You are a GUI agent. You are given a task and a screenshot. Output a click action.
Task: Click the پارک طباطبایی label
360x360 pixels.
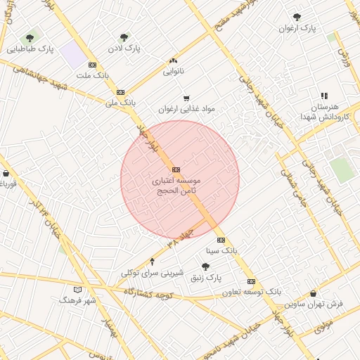[x=31, y=49]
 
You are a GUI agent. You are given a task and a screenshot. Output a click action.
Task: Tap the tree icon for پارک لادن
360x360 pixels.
[x=124, y=37]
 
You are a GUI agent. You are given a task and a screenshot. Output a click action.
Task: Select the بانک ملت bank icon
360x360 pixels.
[x=92, y=65]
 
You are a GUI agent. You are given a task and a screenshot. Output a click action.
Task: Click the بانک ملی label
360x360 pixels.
[x=120, y=103]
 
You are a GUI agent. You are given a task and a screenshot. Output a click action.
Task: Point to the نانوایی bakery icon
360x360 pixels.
[x=173, y=61]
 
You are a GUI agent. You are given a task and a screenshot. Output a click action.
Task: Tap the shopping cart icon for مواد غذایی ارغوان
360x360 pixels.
[x=186, y=98]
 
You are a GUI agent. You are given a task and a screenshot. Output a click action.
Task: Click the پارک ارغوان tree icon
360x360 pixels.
[x=298, y=18]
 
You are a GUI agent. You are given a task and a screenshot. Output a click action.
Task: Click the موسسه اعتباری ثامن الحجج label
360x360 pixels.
[x=175, y=185]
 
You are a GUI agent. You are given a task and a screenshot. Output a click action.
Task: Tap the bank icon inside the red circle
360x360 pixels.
[x=175, y=169]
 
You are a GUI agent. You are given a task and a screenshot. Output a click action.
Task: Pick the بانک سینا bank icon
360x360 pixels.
[x=221, y=240]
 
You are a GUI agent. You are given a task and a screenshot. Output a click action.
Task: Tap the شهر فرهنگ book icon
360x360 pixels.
[x=77, y=290]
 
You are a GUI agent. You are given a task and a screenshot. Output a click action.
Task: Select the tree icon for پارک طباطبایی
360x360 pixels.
[x=30, y=38]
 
